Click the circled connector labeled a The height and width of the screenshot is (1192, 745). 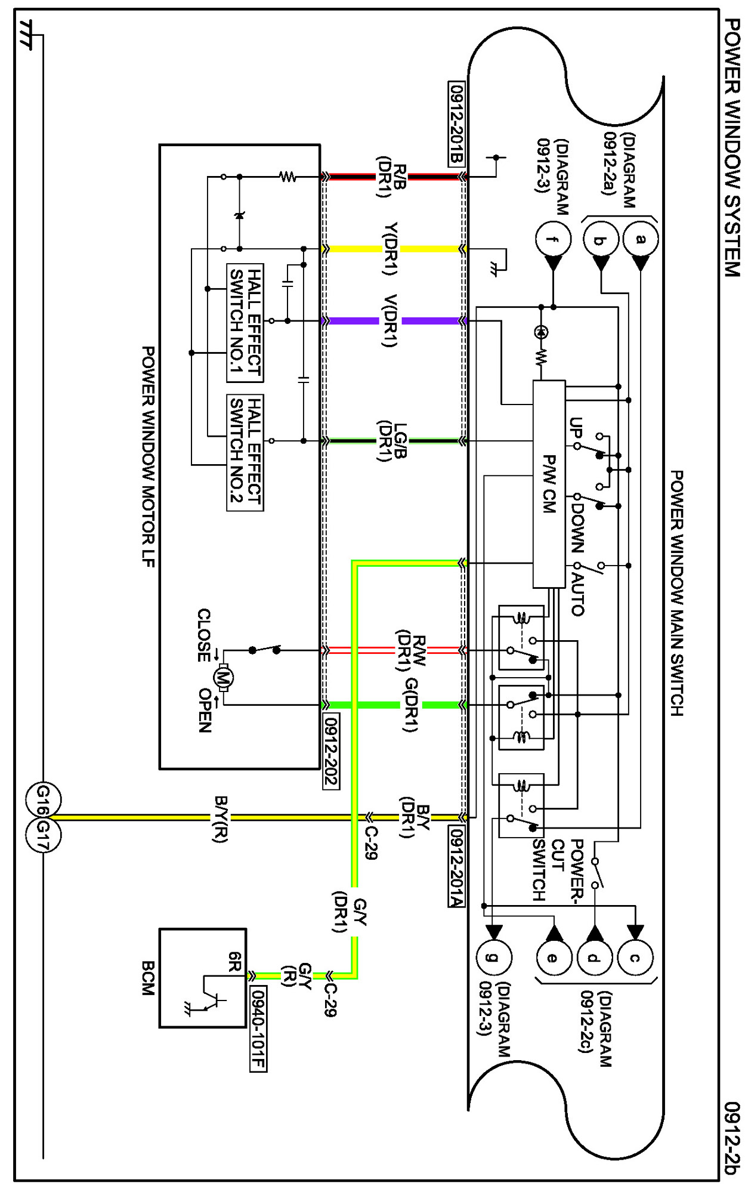(640, 239)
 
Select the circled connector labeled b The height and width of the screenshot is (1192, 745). (600, 240)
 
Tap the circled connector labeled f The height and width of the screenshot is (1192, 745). (553, 239)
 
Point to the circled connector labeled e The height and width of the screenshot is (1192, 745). (553, 958)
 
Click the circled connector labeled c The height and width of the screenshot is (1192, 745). (635, 958)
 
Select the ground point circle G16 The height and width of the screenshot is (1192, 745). (43, 799)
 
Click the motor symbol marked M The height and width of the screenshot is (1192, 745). (223, 678)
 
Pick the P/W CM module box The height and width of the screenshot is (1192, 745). (549, 484)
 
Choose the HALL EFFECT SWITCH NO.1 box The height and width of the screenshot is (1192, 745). (245, 323)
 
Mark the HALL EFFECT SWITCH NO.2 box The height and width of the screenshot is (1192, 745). (245, 452)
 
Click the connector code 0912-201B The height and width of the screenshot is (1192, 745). (456, 123)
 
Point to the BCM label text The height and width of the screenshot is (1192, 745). (147, 978)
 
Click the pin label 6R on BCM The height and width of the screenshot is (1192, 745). (234, 961)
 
